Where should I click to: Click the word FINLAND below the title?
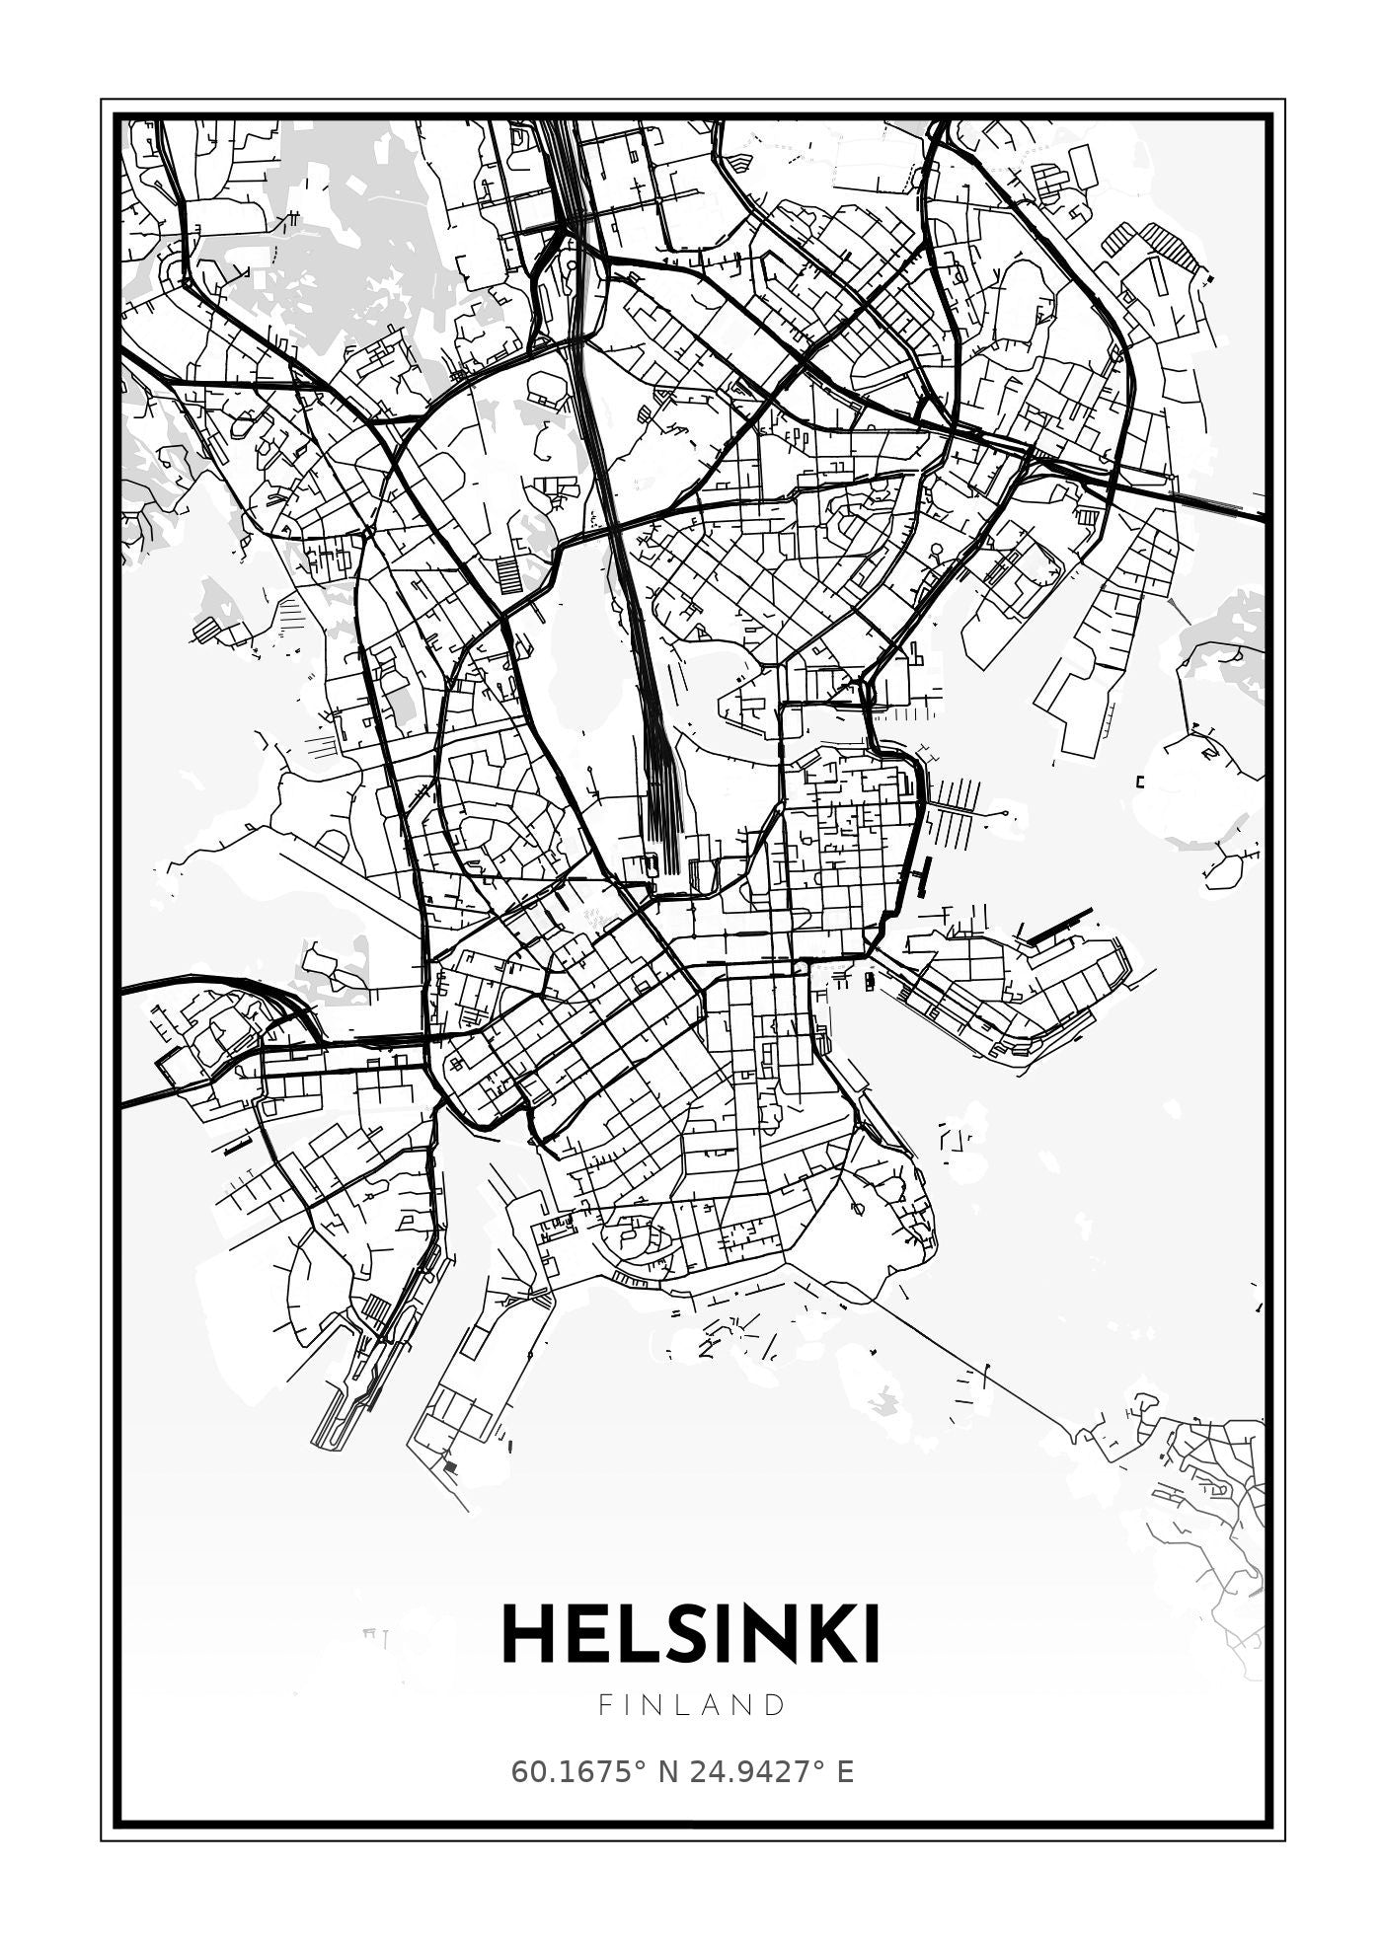click(692, 1705)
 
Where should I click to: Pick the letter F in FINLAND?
click(604, 1705)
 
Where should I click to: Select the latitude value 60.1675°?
click(576, 1772)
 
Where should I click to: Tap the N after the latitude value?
click(667, 1772)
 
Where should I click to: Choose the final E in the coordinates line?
click(845, 1772)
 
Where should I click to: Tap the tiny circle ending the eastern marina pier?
click(1005, 813)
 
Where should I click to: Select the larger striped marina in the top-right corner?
click(1170, 247)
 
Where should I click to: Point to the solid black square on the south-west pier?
click(451, 1468)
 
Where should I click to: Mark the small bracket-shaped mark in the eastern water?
click(1140, 783)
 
